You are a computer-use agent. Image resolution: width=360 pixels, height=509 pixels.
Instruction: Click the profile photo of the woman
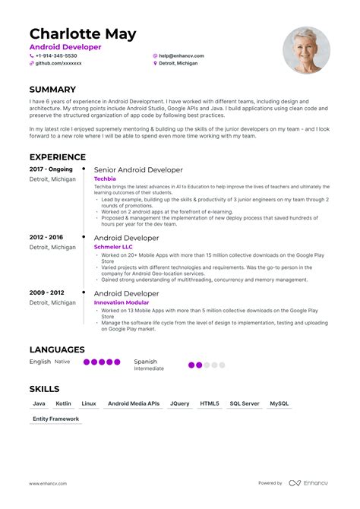tap(306, 50)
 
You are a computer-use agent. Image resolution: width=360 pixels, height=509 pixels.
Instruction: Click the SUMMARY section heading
tap(52, 90)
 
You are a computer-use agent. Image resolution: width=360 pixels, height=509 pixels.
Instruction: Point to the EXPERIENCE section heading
tap(58, 156)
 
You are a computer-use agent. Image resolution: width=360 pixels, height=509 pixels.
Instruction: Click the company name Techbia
tap(105, 179)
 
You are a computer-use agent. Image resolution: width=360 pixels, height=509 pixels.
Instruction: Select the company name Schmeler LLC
tap(113, 247)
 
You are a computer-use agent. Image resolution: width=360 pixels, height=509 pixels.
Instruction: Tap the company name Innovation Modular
tap(122, 302)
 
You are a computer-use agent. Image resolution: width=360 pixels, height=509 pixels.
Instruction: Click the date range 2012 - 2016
tap(46, 238)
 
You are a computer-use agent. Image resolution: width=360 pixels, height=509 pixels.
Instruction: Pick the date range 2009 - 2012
tap(46, 292)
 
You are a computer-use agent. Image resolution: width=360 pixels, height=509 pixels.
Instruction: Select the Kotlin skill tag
tap(64, 403)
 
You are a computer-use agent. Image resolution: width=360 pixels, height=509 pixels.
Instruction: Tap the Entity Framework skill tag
tap(55, 419)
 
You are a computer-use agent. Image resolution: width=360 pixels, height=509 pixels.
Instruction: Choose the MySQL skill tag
tap(279, 403)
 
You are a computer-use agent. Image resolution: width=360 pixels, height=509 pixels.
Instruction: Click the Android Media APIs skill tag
tap(134, 403)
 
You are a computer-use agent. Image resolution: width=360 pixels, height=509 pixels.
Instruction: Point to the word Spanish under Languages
tap(146, 362)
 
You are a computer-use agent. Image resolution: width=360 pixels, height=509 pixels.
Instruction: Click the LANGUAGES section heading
tap(57, 349)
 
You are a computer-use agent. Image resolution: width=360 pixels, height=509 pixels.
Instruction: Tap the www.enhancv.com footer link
tap(46, 483)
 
